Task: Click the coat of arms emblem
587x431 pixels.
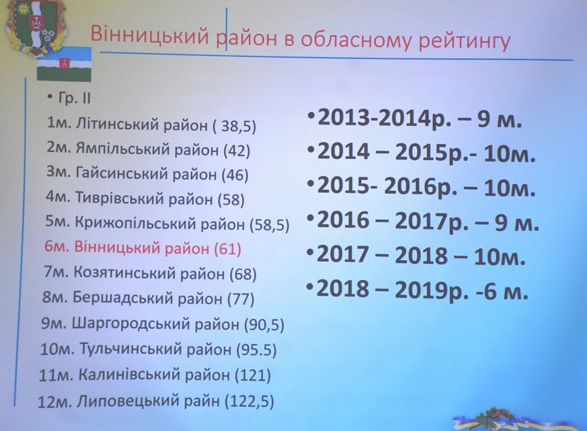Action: pos(36,27)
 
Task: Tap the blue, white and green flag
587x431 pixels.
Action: pos(64,65)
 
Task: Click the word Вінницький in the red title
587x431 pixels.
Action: pos(150,36)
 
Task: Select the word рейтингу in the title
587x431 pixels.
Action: pos(464,41)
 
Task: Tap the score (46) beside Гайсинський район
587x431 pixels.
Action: pos(235,175)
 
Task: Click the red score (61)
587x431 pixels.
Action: pos(227,248)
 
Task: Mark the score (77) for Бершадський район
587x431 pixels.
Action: pos(241,299)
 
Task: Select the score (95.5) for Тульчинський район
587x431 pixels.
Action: pos(257,350)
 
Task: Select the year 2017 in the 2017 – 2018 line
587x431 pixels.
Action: pos(343,255)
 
